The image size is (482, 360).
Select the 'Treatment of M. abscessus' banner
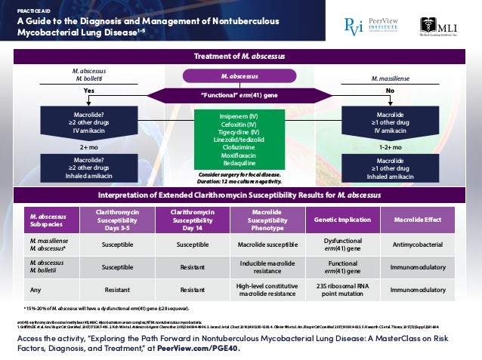click(x=239, y=57)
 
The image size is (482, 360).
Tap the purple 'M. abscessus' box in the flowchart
click(x=239, y=76)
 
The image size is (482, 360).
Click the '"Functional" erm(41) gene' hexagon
click(x=239, y=95)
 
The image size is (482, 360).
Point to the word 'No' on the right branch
click(x=391, y=89)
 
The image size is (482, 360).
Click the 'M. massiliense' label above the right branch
click(x=390, y=78)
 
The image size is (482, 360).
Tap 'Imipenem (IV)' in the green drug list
click(x=239, y=116)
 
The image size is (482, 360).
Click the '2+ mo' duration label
click(x=88, y=148)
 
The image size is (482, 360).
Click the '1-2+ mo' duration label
click(x=391, y=148)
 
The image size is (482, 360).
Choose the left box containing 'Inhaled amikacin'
click(x=87, y=168)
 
